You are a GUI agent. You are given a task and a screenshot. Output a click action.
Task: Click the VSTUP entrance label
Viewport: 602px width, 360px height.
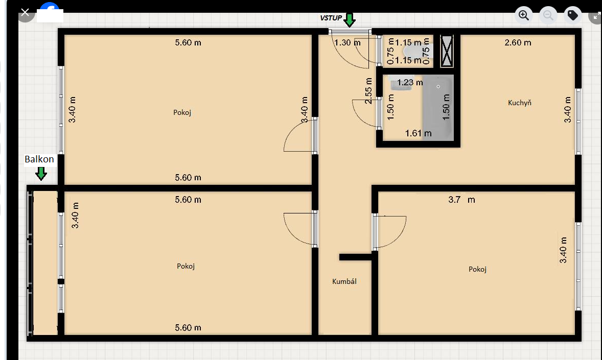331,18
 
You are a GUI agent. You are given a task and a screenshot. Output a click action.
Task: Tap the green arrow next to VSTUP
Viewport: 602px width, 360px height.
350,20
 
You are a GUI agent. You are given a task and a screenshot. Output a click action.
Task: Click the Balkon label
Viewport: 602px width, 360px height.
39,159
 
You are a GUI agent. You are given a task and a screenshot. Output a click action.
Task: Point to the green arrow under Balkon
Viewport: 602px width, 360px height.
41,174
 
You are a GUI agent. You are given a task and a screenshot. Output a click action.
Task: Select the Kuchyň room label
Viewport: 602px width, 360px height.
519,103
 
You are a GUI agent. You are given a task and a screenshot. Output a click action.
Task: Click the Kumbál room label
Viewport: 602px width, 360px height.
344,281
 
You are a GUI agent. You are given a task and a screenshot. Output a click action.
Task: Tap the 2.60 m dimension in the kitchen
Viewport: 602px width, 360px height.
518,42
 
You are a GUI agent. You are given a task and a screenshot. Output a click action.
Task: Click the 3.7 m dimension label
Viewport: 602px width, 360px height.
461,200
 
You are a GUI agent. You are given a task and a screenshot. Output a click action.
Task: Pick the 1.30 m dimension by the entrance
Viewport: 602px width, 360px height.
348,42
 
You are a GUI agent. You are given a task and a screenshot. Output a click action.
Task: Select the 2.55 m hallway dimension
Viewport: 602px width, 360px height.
368,91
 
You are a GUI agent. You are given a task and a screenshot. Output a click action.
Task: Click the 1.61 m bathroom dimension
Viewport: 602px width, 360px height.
418,133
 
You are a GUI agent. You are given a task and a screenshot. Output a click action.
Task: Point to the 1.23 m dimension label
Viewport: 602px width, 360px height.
410,83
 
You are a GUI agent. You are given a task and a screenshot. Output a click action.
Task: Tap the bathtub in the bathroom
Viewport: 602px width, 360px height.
438,108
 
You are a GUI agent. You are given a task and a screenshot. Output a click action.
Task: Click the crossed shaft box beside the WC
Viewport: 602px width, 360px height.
447,51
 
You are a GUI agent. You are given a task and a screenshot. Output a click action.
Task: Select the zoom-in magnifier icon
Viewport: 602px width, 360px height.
524,15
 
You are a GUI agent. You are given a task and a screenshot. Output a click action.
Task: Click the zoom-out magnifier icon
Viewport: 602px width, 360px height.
548,15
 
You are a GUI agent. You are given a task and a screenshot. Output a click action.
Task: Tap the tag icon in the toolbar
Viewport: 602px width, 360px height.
573,15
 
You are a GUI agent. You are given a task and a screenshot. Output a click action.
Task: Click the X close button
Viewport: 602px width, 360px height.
26,13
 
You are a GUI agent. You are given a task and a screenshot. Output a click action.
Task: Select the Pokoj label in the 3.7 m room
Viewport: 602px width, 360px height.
478,270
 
